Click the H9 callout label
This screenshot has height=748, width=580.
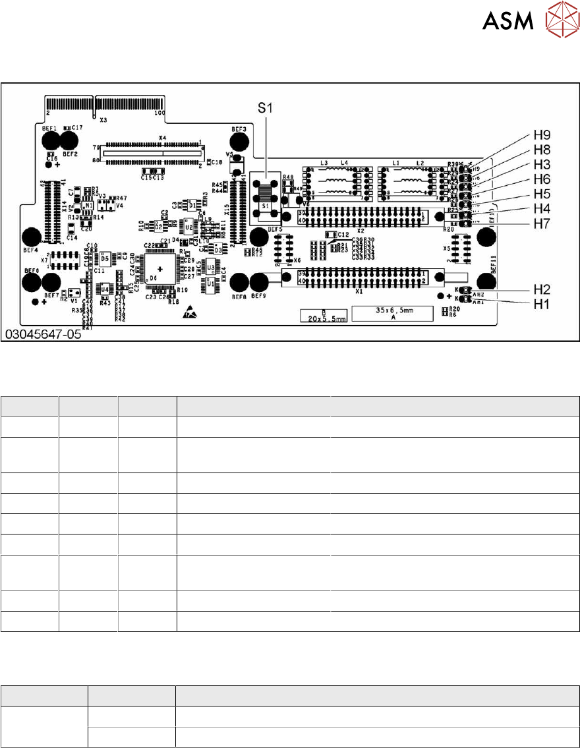pyautogui.click(x=542, y=137)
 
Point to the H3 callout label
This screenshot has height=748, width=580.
pyautogui.click(x=542, y=165)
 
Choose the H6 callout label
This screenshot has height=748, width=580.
pyautogui.click(x=542, y=179)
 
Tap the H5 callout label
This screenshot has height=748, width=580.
pyautogui.click(x=542, y=194)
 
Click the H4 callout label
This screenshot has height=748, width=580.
pyautogui.click(x=542, y=208)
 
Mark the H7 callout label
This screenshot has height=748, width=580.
pyautogui.click(x=542, y=223)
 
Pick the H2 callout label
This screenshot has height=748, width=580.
pyautogui.click(x=542, y=289)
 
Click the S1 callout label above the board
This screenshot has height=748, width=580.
pyautogui.click(x=264, y=109)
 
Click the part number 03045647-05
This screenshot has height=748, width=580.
pyautogui.click(x=43, y=335)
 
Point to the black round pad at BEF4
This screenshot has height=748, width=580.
pyautogui.click(x=31, y=237)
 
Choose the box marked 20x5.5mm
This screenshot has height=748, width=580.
pyautogui.click(x=322, y=315)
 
